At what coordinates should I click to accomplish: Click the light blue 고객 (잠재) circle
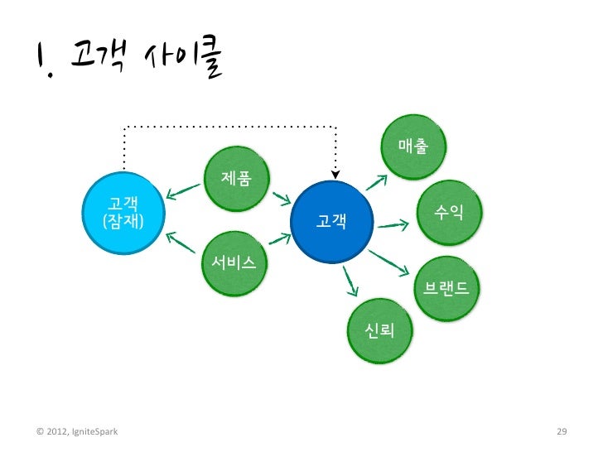(121, 212)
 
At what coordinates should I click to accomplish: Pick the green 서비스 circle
(234, 262)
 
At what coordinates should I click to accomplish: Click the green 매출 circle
(412, 146)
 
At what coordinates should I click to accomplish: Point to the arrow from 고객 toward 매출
(379, 180)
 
